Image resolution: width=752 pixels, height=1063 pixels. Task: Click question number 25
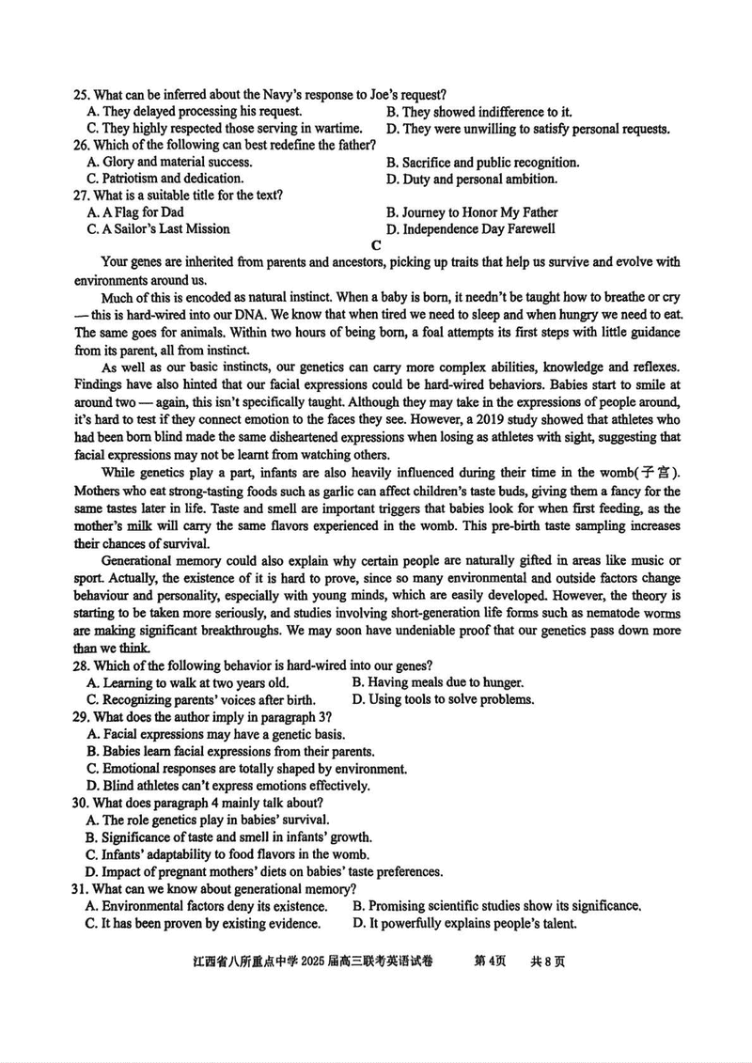(81, 94)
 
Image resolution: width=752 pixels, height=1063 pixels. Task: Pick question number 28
(81, 666)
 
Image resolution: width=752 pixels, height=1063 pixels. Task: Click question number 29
(81, 716)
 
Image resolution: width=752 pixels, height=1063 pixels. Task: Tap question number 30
(81, 802)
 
